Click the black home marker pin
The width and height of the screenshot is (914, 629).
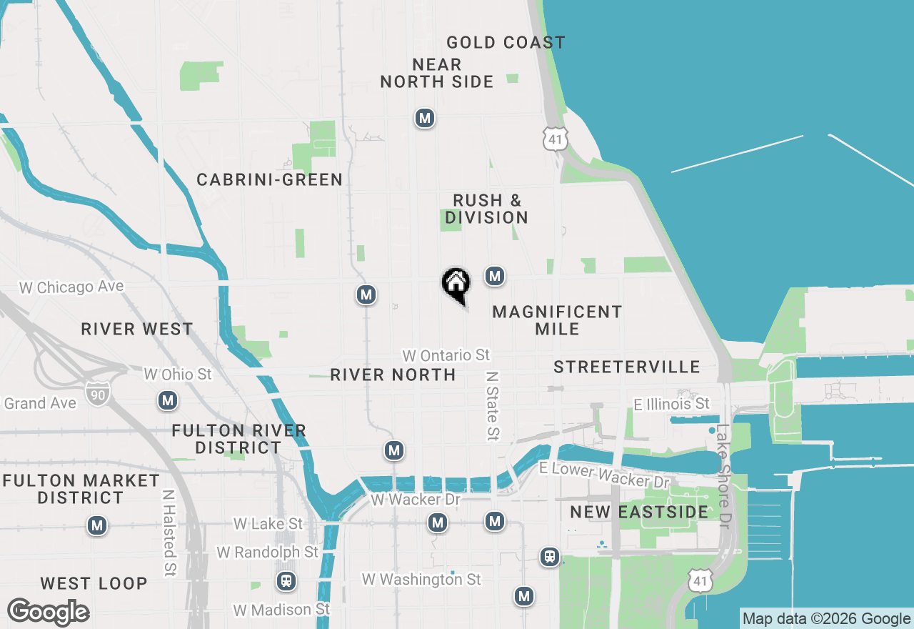(456, 284)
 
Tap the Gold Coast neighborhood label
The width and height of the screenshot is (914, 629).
(506, 43)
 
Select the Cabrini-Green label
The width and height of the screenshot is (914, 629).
(270, 179)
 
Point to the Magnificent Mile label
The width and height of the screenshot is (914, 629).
(557, 320)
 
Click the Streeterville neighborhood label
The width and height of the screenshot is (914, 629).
(627, 367)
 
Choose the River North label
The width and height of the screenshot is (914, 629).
(393, 375)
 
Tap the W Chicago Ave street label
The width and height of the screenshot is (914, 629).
(71, 287)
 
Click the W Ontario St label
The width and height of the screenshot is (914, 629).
(446, 355)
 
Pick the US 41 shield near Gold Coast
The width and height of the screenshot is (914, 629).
(555, 139)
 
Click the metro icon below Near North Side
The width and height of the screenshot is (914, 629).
(425, 118)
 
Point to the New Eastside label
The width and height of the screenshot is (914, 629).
(639, 512)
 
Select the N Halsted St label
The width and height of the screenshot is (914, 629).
(169, 533)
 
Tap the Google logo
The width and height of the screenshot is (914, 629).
(48, 613)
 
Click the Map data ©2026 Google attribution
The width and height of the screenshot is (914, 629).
(827, 619)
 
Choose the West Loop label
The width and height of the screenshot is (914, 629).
(94, 583)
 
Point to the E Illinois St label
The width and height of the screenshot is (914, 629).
(672, 405)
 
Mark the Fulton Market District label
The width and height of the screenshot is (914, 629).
(81, 489)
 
